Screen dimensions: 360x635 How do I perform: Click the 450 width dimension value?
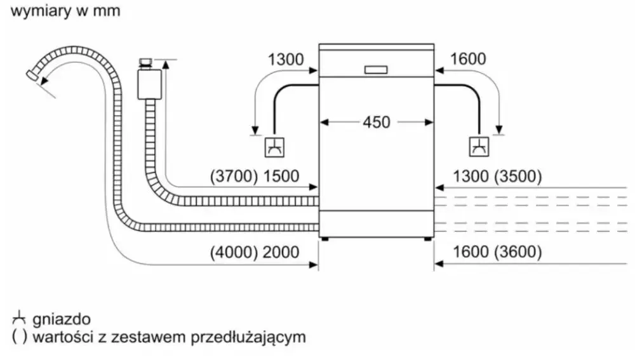(x=376, y=122)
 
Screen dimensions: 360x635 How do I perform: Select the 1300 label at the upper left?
(x=286, y=60)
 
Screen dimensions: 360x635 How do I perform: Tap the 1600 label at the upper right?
(x=467, y=60)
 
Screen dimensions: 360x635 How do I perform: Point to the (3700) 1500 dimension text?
(x=254, y=177)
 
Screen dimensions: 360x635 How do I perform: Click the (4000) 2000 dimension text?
(x=254, y=252)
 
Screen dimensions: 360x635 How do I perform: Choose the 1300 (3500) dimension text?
(x=497, y=177)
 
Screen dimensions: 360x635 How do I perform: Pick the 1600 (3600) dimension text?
(x=497, y=252)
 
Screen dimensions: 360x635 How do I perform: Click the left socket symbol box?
(x=274, y=147)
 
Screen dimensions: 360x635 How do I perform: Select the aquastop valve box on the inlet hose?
(x=149, y=81)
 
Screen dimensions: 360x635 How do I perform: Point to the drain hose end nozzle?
(x=30, y=74)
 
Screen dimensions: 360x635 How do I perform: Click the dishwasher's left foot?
(x=325, y=239)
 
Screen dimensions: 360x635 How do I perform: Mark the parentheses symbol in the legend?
(x=19, y=337)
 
